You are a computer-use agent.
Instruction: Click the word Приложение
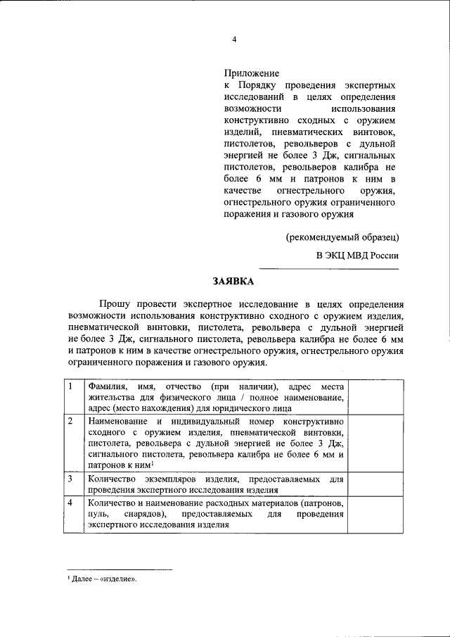click(x=252, y=73)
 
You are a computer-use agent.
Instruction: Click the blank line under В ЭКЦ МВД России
click(x=329, y=269)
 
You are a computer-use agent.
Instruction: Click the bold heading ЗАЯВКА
click(x=233, y=282)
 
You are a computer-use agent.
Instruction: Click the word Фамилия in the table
click(x=108, y=387)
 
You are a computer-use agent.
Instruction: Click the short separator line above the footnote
click(x=118, y=569)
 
